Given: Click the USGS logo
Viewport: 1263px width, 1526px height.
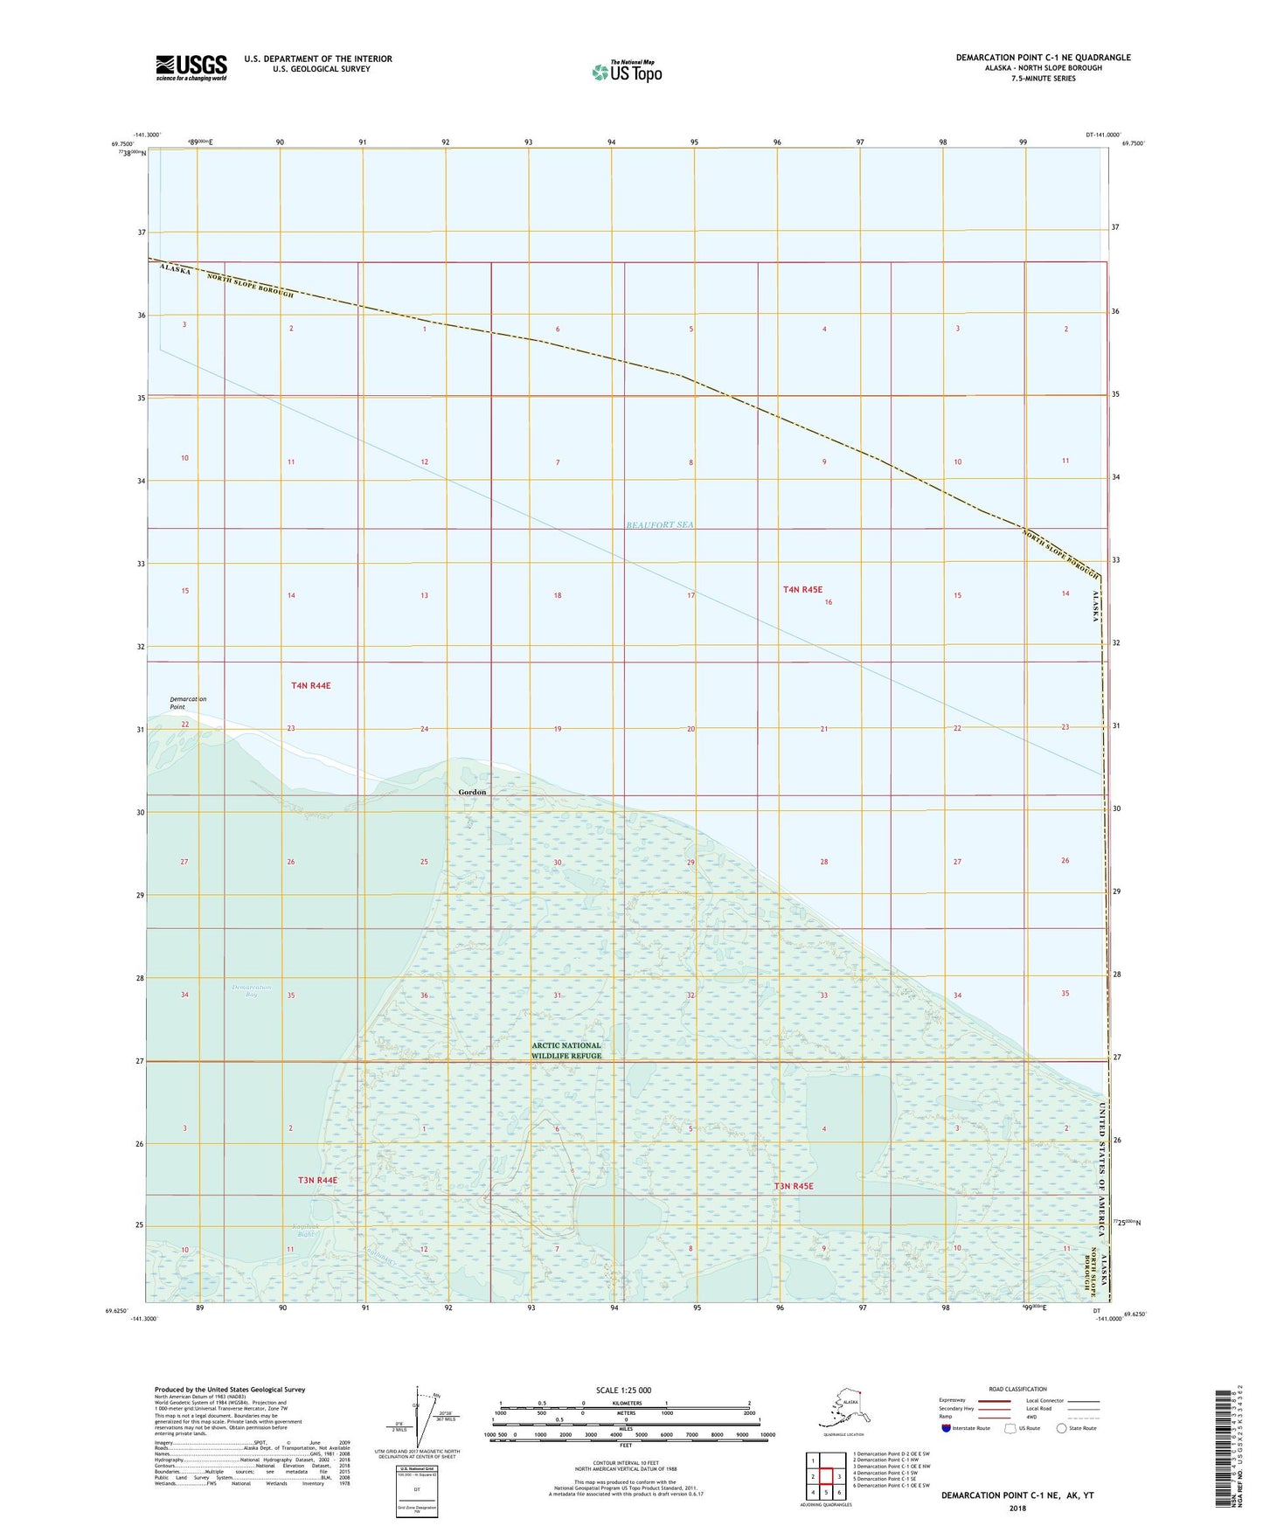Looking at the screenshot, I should click(x=191, y=66).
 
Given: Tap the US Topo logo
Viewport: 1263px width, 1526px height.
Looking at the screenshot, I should click(x=626, y=72).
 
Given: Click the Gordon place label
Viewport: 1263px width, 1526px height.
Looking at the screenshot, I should click(x=472, y=792).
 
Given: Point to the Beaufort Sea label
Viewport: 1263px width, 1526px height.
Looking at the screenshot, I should click(x=659, y=524).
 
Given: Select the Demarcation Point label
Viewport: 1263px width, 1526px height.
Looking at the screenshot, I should click(x=188, y=703).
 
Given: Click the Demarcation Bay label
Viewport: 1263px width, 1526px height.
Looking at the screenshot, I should click(x=252, y=990).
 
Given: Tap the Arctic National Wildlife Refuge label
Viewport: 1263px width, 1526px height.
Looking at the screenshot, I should click(x=566, y=1051).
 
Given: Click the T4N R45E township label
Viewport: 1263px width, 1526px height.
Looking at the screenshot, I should click(x=802, y=590).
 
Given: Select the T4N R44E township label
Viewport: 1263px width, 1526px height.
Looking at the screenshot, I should click(x=310, y=686).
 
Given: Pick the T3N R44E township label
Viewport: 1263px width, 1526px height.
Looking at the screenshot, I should click(x=317, y=1180).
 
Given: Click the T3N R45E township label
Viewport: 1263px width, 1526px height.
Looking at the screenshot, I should click(x=793, y=1186).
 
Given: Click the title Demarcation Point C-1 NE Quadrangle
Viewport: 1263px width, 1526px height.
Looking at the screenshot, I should click(x=1043, y=58).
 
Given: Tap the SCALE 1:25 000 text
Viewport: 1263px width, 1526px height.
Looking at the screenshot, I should click(x=624, y=1390).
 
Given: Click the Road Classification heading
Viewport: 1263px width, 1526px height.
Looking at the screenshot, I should click(x=1017, y=1389).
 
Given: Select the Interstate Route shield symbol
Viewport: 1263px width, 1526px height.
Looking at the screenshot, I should click(x=947, y=1428).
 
